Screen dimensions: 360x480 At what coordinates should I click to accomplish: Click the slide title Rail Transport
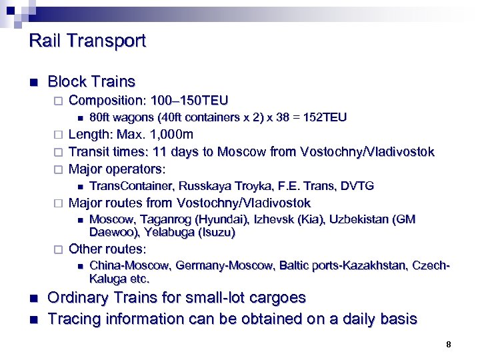pyautogui.click(x=87, y=41)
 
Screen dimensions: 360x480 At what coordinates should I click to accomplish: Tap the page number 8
pyautogui.click(x=449, y=345)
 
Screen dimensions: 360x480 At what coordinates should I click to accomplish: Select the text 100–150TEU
pyautogui.click(x=190, y=101)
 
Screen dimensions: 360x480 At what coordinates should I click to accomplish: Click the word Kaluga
pyautogui.click(x=107, y=279)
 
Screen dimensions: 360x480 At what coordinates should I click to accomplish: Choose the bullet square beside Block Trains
pyautogui.click(x=33, y=83)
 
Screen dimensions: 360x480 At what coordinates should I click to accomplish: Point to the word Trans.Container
pyautogui.click(x=130, y=186)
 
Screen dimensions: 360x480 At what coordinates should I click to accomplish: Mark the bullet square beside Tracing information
pyautogui.click(x=33, y=319)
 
